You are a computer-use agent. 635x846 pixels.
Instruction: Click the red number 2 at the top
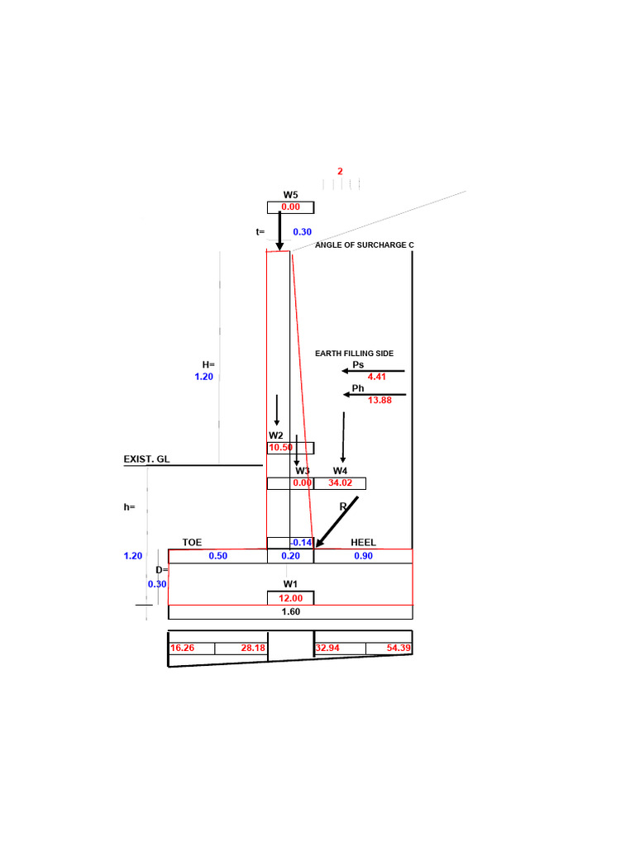coord(340,171)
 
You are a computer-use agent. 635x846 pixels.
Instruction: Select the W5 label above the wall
coord(290,195)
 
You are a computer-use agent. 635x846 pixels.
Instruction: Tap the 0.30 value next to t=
coord(303,232)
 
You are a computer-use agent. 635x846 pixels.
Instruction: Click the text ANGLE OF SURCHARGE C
coord(365,245)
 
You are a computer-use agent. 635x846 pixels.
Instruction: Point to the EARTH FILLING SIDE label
coord(354,354)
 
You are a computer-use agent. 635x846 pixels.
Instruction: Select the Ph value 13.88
coord(378,400)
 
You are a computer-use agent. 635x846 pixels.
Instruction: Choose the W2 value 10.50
coord(281,447)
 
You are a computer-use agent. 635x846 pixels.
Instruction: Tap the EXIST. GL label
coord(146,459)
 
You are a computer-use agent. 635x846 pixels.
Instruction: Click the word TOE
coord(193,543)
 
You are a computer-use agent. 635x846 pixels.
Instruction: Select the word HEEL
coord(363,543)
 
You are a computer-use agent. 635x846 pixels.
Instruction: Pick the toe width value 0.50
coord(217,556)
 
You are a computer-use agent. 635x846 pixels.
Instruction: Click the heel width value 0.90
coord(363,556)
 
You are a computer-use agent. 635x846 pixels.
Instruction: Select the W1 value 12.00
coord(290,598)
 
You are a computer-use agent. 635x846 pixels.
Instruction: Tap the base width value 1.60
coord(290,612)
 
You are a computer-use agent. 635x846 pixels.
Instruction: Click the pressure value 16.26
coord(183,649)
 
